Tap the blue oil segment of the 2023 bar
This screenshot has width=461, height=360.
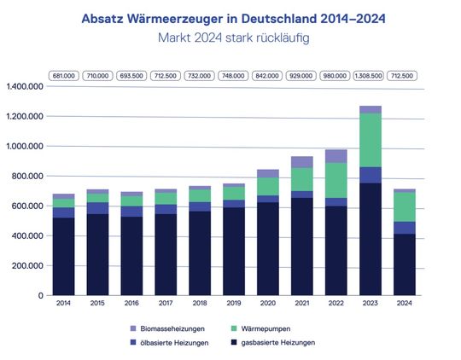370,175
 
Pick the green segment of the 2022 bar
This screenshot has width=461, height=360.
336,180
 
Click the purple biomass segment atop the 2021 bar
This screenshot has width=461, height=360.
301,161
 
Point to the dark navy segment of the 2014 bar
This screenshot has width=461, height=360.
63,256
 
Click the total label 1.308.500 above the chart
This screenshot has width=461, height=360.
370,76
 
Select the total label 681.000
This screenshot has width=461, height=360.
63,76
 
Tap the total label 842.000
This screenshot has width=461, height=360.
267,76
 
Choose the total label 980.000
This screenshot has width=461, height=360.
336,76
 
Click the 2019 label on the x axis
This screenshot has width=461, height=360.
233,304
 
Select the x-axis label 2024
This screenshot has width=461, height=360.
404,304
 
